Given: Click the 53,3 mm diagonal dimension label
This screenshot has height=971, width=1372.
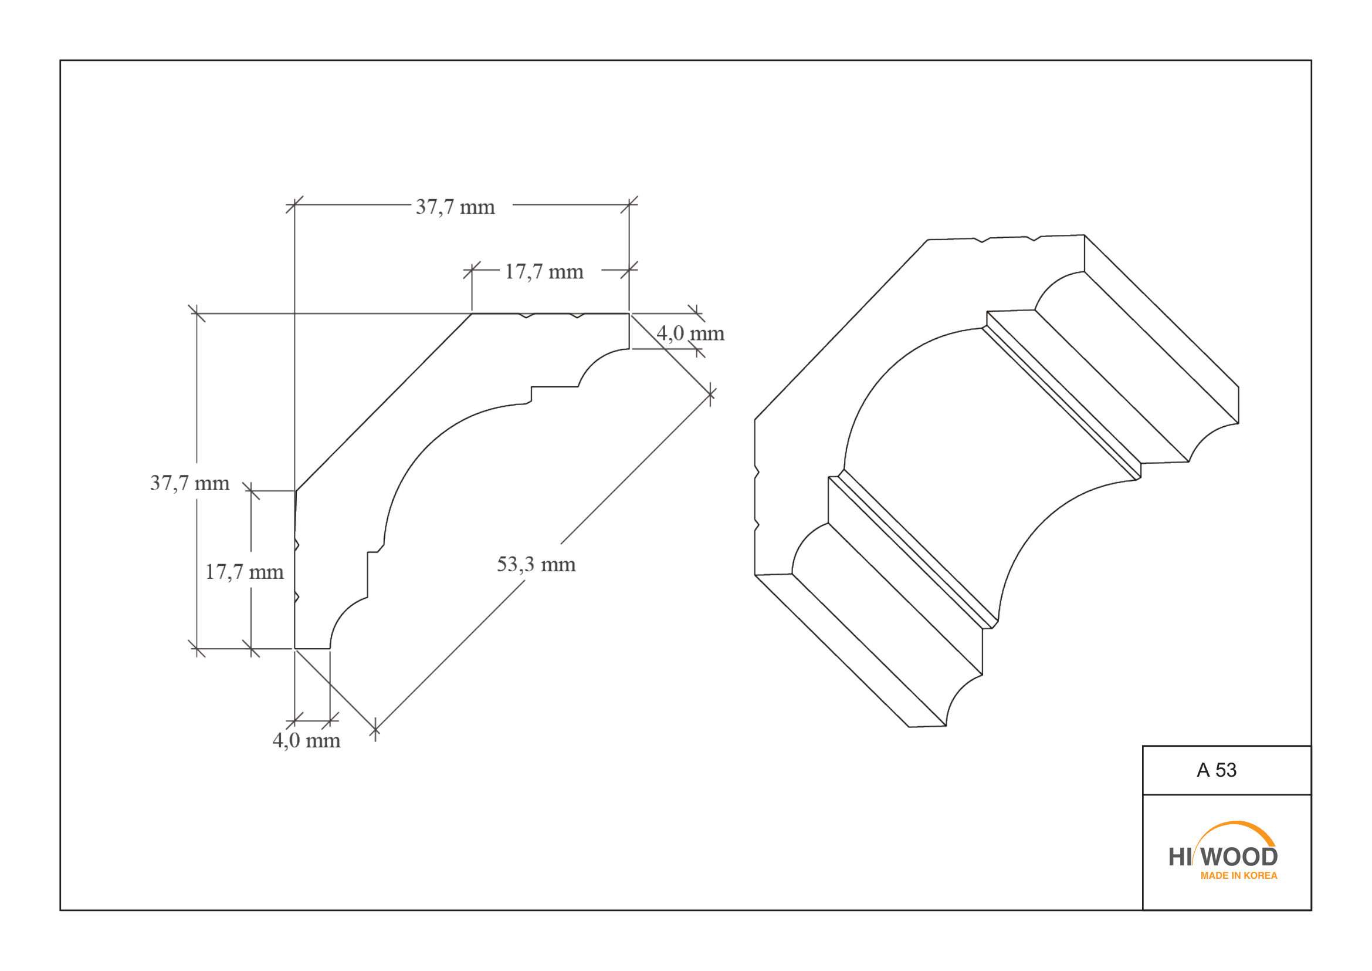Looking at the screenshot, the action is (536, 565).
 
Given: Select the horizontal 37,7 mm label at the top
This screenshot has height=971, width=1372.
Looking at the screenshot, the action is (455, 207).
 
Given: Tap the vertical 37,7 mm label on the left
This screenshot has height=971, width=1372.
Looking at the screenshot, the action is (190, 483).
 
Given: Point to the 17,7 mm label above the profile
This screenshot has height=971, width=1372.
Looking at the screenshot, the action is (544, 272).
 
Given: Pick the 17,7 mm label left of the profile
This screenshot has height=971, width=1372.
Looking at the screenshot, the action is (245, 572).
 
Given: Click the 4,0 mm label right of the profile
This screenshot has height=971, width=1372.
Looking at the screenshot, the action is (690, 333).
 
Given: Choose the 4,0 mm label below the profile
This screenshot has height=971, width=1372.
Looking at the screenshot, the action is (307, 741).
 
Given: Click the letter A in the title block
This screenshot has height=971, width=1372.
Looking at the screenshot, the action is (1203, 770).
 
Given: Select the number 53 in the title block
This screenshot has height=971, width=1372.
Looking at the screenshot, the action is (1225, 770).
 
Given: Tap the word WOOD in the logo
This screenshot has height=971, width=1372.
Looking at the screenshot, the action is (1239, 857).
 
